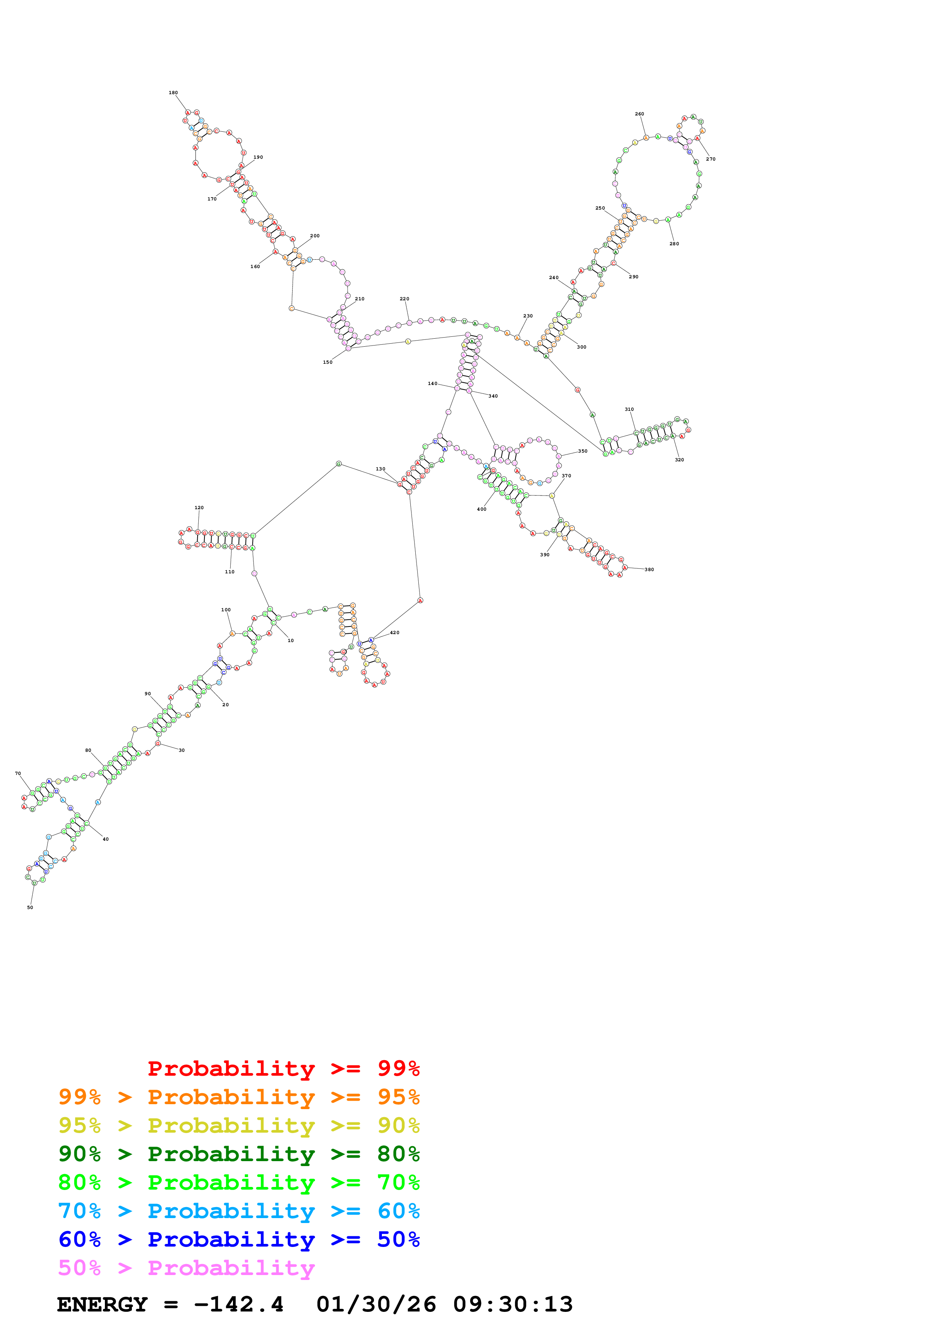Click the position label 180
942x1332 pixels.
pos(173,93)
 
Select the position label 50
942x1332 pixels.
pos(30,907)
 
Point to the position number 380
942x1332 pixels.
pos(649,570)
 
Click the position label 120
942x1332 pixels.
pos(199,508)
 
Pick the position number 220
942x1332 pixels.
pos(405,299)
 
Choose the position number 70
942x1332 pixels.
pos(18,773)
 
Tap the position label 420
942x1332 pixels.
pos(395,633)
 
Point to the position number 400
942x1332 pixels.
pos(482,509)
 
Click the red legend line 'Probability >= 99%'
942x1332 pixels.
pos(283,1068)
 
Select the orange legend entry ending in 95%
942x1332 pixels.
pos(239,1097)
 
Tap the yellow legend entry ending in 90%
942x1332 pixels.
pos(239,1125)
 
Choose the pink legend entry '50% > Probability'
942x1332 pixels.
pos(186,1268)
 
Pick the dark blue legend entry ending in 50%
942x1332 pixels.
pos(239,1240)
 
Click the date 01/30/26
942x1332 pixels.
pos(376,1305)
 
